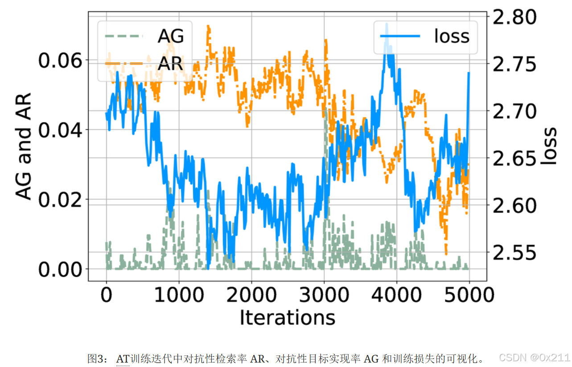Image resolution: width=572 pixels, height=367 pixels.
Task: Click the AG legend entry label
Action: (171, 36)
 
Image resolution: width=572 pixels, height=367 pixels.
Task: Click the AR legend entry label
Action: (170, 64)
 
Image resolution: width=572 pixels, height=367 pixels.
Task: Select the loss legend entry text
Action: (452, 36)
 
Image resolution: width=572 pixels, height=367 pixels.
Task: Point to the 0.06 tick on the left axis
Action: (60, 61)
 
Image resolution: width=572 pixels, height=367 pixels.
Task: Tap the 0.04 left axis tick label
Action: (60, 130)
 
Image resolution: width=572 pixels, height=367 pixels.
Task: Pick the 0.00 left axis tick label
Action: (60, 269)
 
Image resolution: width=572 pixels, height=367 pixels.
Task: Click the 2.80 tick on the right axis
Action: (514, 17)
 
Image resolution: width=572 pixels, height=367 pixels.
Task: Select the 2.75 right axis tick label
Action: (514, 64)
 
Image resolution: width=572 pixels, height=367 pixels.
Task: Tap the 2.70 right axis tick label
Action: (514, 111)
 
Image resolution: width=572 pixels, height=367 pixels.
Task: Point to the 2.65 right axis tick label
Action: (514, 159)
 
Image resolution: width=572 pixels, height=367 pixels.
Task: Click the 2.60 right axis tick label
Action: (514, 205)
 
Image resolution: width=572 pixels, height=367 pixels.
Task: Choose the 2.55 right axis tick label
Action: (514, 253)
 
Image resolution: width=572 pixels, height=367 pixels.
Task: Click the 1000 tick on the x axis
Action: (179, 295)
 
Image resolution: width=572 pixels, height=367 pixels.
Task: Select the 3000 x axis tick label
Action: (324, 295)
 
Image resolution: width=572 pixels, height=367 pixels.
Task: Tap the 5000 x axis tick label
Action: (469, 295)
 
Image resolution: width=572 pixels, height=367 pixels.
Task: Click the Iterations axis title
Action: (288, 318)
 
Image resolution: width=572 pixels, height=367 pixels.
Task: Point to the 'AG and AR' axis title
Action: (23, 146)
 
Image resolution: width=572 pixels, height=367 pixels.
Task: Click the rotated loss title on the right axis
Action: (549, 146)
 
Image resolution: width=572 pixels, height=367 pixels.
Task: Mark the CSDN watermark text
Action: (535, 358)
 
